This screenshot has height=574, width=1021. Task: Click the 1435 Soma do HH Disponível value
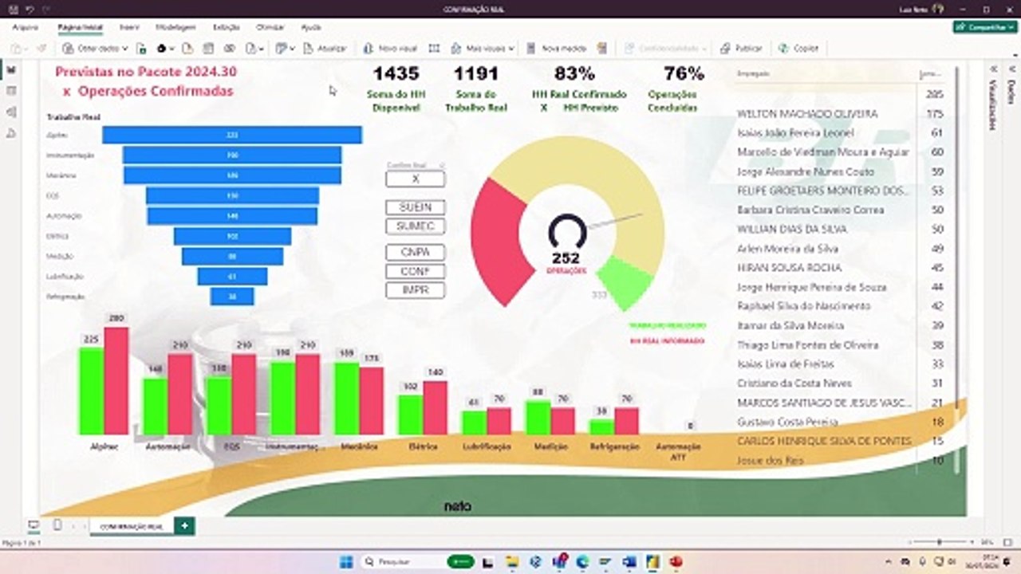(x=396, y=74)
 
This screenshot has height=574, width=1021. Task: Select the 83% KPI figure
(x=574, y=74)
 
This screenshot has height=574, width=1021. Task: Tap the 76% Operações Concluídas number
(x=684, y=74)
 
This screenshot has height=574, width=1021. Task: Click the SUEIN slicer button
(x=415, y=207)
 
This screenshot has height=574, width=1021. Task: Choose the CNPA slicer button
(x=415, y=252)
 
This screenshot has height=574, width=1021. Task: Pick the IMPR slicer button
(x=415, y=290)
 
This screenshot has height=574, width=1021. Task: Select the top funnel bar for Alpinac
(x=232, y=136)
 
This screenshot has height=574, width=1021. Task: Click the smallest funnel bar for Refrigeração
(x=232, y=297)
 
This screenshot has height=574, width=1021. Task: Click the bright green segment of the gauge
(x=625, y=281)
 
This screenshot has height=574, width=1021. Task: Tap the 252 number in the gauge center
(x=566, y=258)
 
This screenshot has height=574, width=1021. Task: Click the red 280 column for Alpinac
(x=116, y=381)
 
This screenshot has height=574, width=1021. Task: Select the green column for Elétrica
(x=410, y=415)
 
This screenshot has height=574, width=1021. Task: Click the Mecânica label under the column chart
(x=359, y=446)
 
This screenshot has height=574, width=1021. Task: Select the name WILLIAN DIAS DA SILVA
(x=791, y=230)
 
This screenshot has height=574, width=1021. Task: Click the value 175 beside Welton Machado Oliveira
(x=935, y=114)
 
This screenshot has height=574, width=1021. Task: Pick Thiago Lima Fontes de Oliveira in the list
(x=807, y=345)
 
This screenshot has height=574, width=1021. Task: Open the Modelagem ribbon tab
(x=176, y=27)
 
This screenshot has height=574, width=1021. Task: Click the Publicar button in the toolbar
(x=741, y=49)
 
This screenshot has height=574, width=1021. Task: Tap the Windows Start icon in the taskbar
(x=346, y=562)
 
